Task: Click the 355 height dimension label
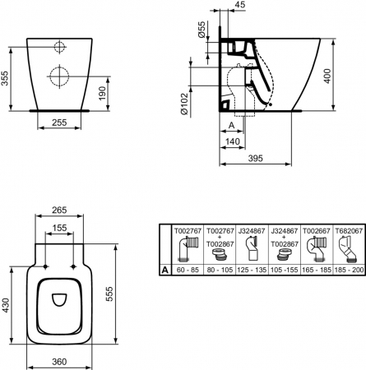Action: [5, 78]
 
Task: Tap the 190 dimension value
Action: [102, 93]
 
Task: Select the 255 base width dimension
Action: [59, 123]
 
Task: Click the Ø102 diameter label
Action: [184, 104]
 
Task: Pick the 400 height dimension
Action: [327, 76]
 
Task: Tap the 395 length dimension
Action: [255, 158]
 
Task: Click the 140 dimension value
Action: [233, 141]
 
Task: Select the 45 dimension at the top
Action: [240, 4]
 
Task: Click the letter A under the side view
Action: [232, 125]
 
